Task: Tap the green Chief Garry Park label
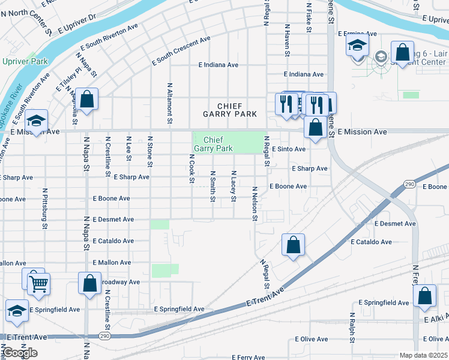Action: [x=214, y=143]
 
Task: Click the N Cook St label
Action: [x=191, y=169]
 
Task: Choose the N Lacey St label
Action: [x=234, y=185]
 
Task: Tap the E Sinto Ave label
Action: [x=289, y=149]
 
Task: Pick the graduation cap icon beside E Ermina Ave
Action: [x=357, y=46]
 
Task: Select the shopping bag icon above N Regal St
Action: [x=293, y=245]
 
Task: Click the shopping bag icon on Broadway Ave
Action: [x=89, y=284]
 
